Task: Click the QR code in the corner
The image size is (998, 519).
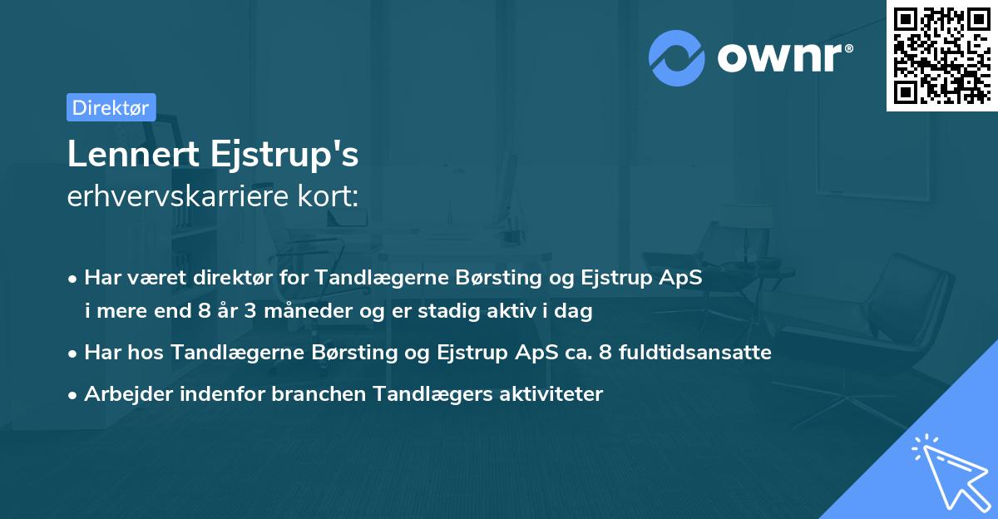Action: point(941,56)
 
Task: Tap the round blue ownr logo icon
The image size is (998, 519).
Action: point(676,58)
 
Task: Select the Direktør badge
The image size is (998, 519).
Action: point(111,107)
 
